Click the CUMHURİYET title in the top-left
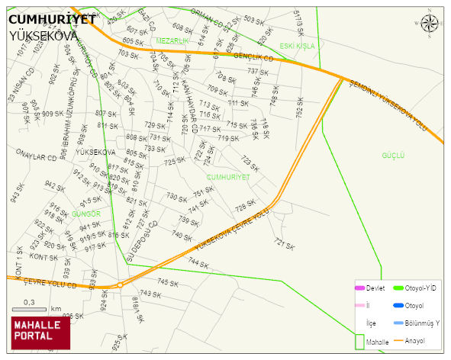point(52,21)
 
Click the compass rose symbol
point(430,24)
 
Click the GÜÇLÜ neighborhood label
point(393,156)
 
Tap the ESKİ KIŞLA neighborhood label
point(297,46)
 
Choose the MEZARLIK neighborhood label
point(172,40)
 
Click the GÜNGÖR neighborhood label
point(85,214)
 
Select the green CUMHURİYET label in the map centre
point(228,177)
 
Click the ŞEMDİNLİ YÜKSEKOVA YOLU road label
point(397,106)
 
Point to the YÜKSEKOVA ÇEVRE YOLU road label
point(232,232)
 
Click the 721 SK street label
point(284,244)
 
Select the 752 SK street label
point(300,106)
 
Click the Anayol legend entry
point(414,340)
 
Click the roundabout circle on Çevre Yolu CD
point(120,286)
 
